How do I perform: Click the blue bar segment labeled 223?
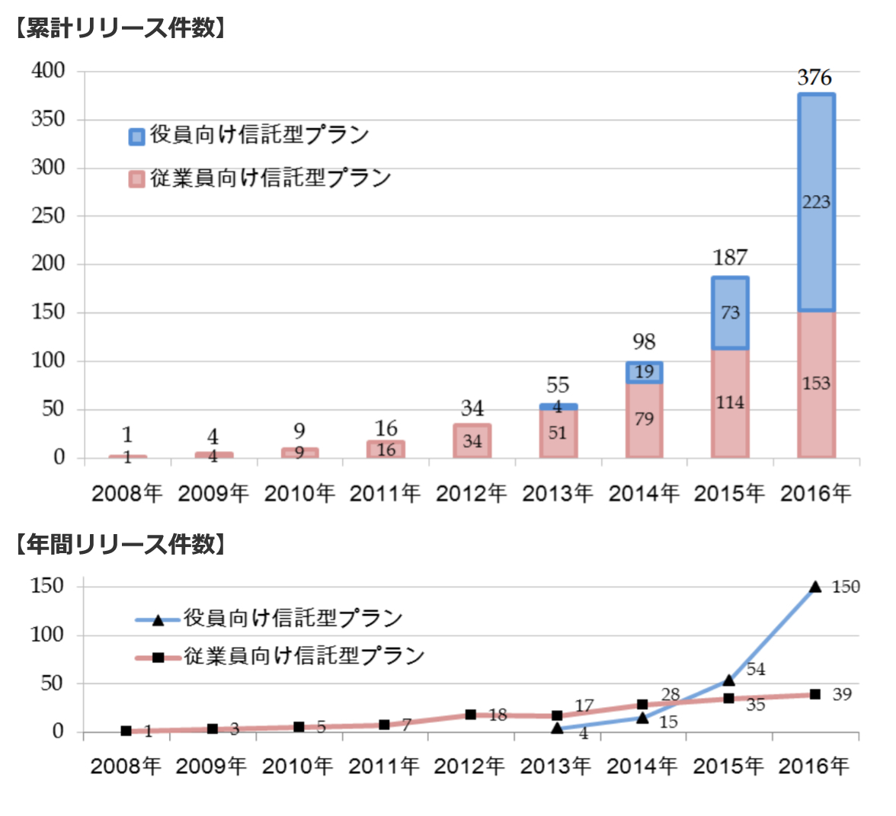pyautogui.click(x=816, y=203)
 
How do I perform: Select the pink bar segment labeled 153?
pyautogui.click(x=816, y=385)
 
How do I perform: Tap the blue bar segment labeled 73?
pyautogui.click(x=730, y=313)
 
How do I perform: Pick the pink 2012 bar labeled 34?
pyautogui.click(x=472, y=441)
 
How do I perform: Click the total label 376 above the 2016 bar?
pyautogui.click(x=815, y=78)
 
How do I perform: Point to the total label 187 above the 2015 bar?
pyautogui.click(x=730, y=258)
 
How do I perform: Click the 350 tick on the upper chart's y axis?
pyautogui.click(x=49, y=120)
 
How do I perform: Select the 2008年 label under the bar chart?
pyautogui.click(x=127, y=493)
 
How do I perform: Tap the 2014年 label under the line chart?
pyautogui.click(x=642, y=766)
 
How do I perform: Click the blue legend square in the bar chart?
pyautogui.click(x=136, y=136)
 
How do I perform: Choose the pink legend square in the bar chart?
pyautogui.click(x=136, y=180)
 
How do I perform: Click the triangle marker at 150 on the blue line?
pyautogui.click(x=815, y=587)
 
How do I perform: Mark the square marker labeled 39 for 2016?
pyautogui.click(x=815, y=694)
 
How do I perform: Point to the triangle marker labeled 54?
pyautogui.click(x=728, y=680)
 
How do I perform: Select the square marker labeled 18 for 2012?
pyautogui.click(x=471, y=715)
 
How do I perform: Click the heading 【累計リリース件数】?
pyautogui.click(x=120, y=27)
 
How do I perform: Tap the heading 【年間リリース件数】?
pyautogui.click(x=120, y=544)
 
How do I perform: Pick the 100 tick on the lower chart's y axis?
pyautogui.click(x=47, y=635)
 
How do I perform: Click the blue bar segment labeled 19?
pyautogui.click(x=644, y=372)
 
